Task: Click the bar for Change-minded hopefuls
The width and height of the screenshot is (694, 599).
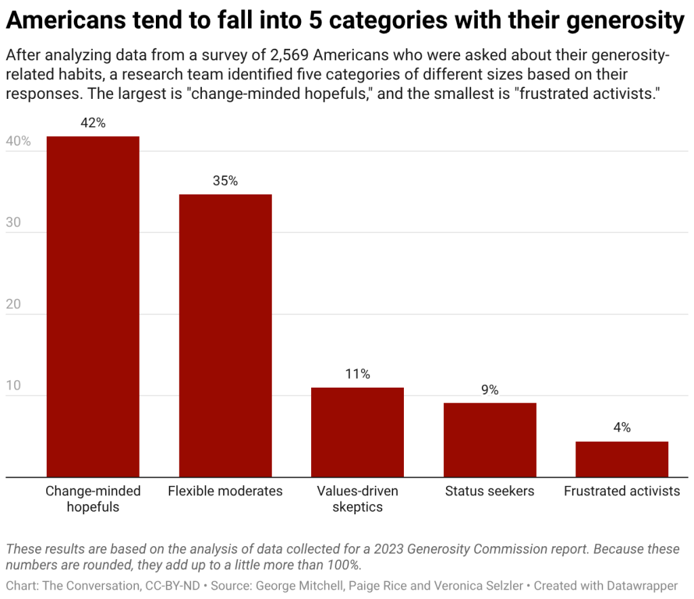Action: pyautogui.click(x=93, y=307)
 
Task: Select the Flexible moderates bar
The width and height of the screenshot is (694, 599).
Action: pyautogui.click(x=225, y=335)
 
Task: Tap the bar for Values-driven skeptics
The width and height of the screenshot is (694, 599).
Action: pyautogui.click(x=357, y=432)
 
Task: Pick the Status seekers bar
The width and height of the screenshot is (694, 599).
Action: pyautogui.click(x=489, y=440)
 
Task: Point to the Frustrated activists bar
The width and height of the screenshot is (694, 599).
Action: pyautogui.click(x=621, y=459)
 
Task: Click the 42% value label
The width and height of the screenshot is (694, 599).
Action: pyautogui.click(x=93, y=123)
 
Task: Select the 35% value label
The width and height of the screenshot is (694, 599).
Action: pyautogui.click(x=225, y=181)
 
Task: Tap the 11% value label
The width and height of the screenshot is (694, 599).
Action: pyautogui.click(x=357, y=374)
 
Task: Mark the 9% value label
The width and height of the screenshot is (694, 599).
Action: pyautogui.click(x=489, y=390)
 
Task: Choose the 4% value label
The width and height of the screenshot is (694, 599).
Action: pyautogui.click(x=621, y=428)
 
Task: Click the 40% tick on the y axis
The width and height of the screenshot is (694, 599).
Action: pyautogui.click(x=18, y=142)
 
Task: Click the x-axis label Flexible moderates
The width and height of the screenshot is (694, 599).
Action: pyautogui.click(x=225, y=491)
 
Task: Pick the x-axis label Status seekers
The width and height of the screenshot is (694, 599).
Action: pyautogui.click(x=489, y=491)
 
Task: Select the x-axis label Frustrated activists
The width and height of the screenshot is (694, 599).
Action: pyautogui.click(x=621, y=491)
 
